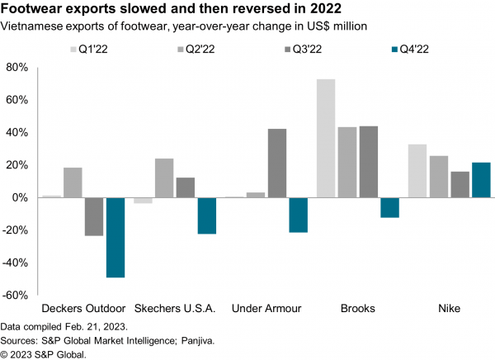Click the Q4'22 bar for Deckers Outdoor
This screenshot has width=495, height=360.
click(115, 237)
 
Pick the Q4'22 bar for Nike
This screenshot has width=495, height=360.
click(481, 180)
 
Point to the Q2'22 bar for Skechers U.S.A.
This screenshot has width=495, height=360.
click(164, 178)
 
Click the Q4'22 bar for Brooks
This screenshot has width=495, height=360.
click(389, 207)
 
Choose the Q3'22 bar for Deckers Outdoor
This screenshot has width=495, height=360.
click(94, 216)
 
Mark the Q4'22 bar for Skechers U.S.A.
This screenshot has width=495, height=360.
click(207, 216)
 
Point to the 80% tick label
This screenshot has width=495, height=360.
click(17, 68)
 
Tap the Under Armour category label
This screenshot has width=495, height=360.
click(266, 309)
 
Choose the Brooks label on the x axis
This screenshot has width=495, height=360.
click(358, 309)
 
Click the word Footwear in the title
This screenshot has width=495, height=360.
click(35, 10)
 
